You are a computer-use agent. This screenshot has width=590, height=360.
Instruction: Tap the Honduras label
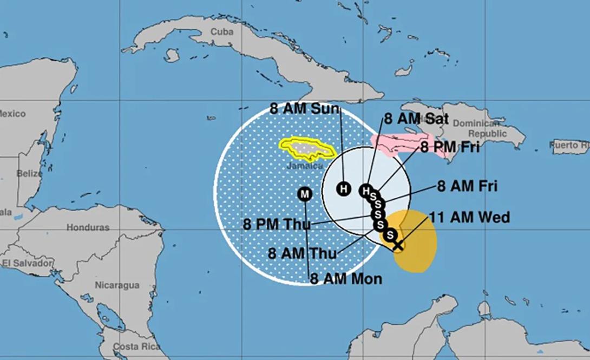click(88, 228)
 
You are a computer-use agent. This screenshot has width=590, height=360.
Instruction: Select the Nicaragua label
click(117, 285)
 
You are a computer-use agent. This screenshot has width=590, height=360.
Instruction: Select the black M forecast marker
click(305, 193)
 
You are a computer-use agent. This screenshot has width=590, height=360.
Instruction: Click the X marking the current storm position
click(398, 245)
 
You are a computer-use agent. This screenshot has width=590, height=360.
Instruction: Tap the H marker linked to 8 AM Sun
click(343, 188)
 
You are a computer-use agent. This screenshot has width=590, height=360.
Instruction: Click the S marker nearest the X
click(390, 235)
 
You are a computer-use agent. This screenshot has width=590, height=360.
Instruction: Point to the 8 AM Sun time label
click(304, 108)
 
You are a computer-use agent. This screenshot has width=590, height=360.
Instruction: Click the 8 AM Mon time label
click(346, 279)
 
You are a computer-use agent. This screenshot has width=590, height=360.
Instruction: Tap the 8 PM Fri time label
click(449, 147)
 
